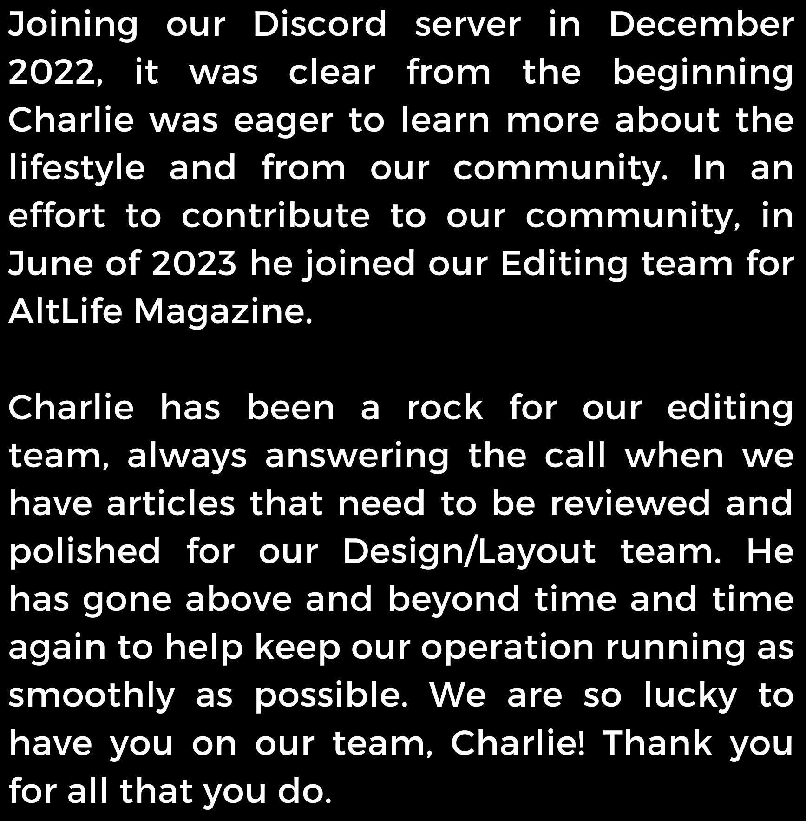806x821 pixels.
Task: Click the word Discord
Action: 320,24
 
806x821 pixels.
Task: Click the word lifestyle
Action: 77,168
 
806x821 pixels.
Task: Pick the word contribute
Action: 275,216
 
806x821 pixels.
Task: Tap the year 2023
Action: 194,264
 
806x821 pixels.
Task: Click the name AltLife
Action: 65,311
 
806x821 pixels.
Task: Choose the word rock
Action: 445,408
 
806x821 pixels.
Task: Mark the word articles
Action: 171,503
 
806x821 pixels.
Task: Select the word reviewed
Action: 630,503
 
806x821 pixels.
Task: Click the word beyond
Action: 453,600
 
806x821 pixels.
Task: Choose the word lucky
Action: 690,696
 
